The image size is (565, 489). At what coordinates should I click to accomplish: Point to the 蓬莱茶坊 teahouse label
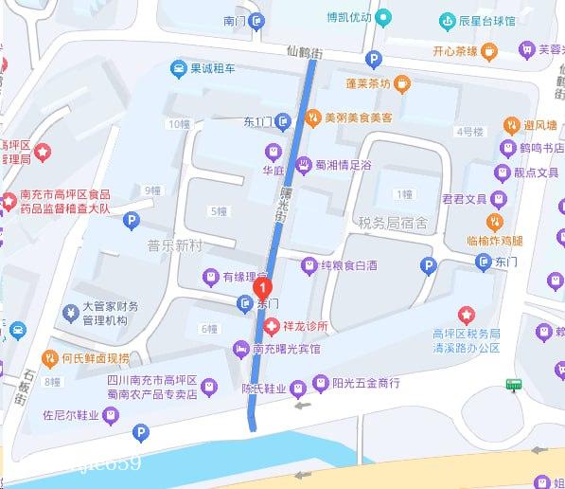pos(368,83)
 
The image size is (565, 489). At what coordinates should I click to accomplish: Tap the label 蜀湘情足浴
pos(343,165)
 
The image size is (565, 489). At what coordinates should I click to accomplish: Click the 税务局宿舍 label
pos(393,224)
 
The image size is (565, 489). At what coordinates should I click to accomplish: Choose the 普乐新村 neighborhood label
pos(175,245)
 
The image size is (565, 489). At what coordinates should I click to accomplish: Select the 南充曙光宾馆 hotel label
pos(286,349)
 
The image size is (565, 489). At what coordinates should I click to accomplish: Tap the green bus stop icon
pos(515,385)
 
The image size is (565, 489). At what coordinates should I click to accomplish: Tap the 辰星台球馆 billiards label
pos(486,21)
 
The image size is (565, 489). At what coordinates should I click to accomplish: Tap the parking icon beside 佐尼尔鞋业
pos(141,434)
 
